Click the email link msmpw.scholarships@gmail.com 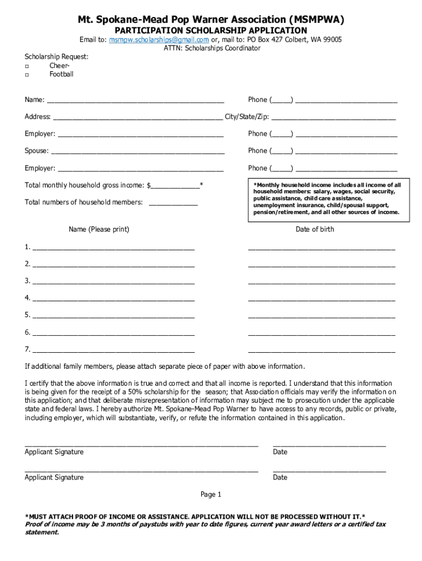(158, 40)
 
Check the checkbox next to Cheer (26, 66)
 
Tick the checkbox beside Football (26, 75)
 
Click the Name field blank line (135, 101)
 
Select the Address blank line (138, 118)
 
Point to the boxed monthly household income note (329, 199)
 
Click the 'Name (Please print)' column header (99, 230)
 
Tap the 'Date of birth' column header (315, 230)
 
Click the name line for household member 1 (113, 248)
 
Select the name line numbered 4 (113, 299)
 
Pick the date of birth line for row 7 (321, 350)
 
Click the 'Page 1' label (210, 495)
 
